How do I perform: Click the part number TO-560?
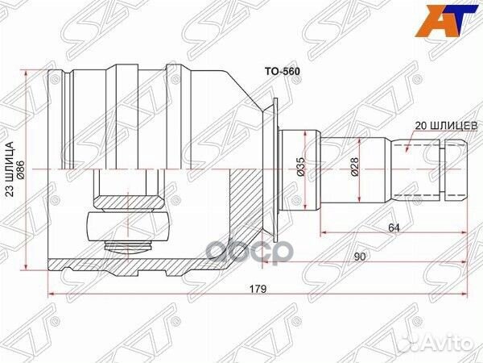(x=283, y=72)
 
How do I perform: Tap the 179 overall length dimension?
(x=258, y=289)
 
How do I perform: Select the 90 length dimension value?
(x=359, y=257)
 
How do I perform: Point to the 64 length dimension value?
(x=394, y=227)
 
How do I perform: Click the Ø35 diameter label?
(x=300, y=167)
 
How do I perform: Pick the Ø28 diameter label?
(x=354, y=167)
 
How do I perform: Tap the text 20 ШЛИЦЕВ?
(x=446, y=126)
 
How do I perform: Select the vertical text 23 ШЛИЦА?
(x=10, y=169)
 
